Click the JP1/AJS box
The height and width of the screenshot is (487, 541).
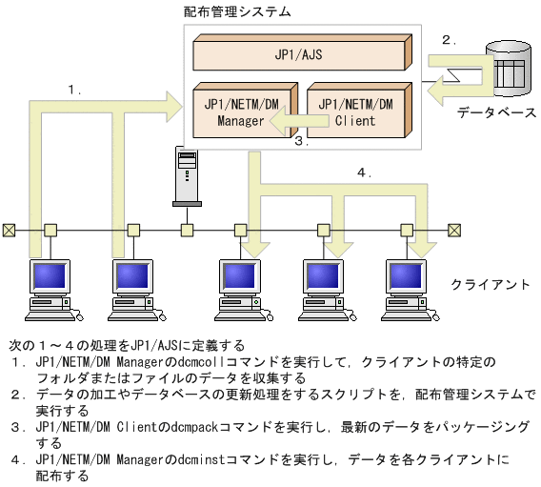[x=299, y=55]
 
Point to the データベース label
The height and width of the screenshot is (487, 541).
[x=496, y=112]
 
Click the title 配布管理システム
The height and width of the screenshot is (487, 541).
[x=237, y=12]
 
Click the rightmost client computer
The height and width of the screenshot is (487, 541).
[x=410, y=286]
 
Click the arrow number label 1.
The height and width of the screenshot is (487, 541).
[x=74, y=89]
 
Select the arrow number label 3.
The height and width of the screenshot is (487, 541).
[x=301, y=142]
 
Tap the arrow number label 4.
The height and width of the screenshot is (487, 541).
[x=363, y=172]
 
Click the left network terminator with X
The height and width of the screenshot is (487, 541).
[x=9, y=230]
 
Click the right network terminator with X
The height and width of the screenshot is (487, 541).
[x=455, y=230]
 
